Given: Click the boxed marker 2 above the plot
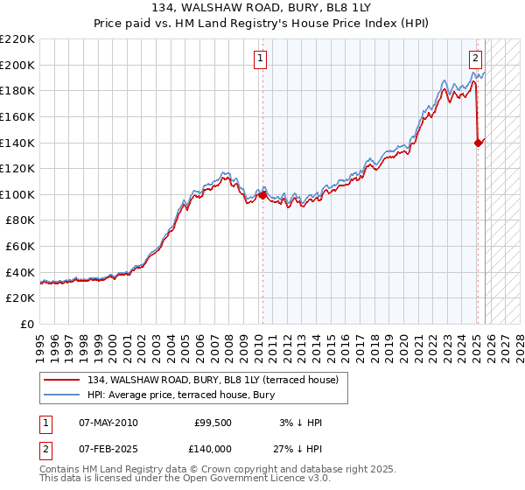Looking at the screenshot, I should (x=475, y=59).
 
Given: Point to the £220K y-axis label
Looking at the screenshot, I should (x=17, y=39).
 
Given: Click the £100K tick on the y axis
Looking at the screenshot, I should (x=17, y=194).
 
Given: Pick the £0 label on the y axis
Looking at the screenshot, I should (x=28, y=324).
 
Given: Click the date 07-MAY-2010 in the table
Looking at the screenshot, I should (x=108, y=423).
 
